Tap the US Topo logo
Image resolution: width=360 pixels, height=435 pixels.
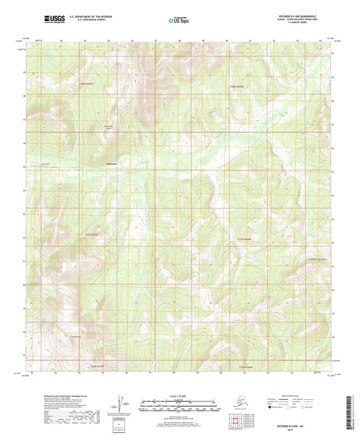[x=180, y=20]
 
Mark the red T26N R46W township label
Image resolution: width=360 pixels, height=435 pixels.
[x=247, y=367]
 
